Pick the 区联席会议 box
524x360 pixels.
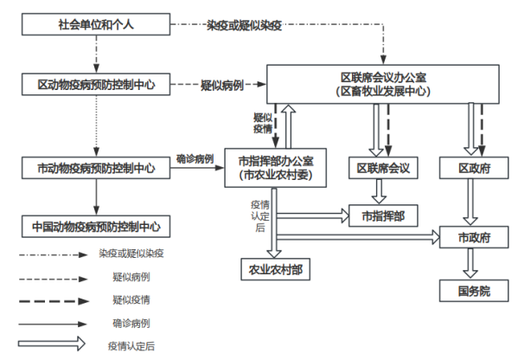pos(383,167)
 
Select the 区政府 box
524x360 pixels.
pos(472,167)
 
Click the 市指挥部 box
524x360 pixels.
pos(383,213)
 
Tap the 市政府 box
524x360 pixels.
pos(472,235)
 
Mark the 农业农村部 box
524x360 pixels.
pos(274,270)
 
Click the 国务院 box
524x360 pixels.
pos(472,291)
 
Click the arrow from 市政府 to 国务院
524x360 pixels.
pos(472,263)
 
